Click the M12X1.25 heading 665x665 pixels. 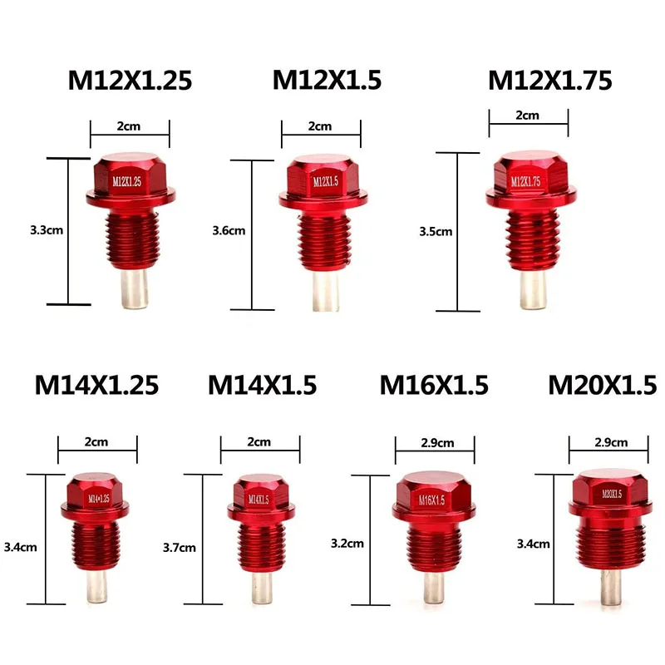point(130,80)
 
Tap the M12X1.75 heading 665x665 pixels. point(549,80)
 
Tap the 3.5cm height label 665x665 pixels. point(435,231)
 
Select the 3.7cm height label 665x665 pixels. point(180,547)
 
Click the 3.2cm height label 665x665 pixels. point(347,544)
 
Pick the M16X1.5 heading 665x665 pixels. point(434,385)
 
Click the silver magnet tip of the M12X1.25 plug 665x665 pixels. point(133,286)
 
